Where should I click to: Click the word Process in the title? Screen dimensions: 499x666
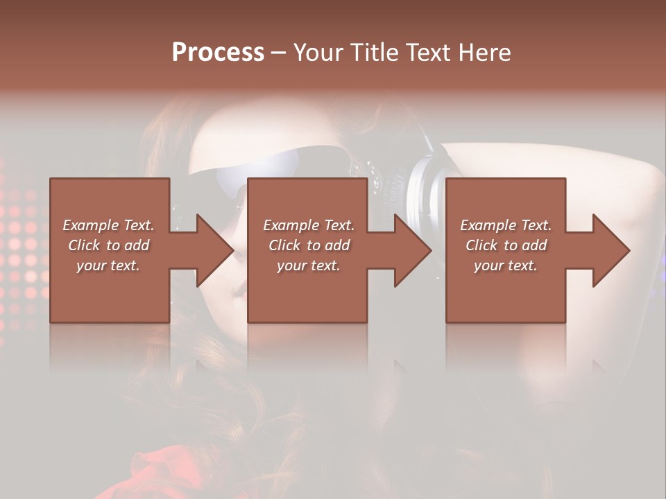(218, 52)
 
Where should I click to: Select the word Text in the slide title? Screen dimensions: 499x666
(423, 52)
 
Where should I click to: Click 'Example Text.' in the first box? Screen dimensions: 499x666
(108, 225)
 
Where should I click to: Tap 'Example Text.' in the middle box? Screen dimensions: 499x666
(309, 225)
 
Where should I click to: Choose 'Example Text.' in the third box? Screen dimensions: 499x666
(506, 225)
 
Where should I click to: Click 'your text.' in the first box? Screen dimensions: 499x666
(108, 265)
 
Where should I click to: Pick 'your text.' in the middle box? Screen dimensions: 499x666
(309, 265)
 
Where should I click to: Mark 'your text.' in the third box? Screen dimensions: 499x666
(506, 265)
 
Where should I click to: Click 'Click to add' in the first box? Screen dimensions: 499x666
(108, 245)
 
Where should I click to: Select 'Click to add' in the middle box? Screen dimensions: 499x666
(309, 245)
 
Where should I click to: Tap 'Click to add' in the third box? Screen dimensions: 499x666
(506, 245)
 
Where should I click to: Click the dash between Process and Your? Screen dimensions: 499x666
(279, 53)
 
